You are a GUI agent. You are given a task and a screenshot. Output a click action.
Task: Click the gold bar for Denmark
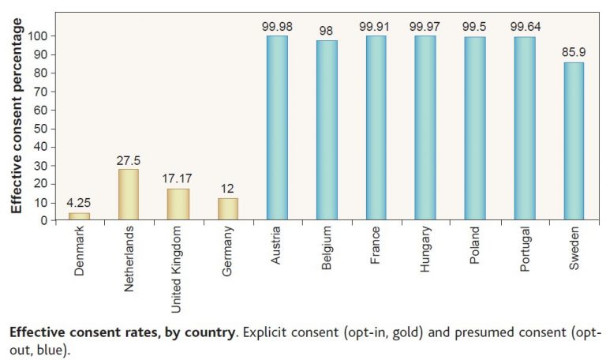(x=79, y=216)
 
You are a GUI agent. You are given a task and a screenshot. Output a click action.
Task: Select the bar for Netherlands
(x=128, y=194)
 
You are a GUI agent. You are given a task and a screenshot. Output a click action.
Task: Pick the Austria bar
(x=277, y=128)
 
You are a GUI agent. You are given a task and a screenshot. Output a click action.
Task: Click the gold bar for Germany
(x=227, y=208)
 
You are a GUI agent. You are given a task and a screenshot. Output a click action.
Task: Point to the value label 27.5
(x=128, y=160)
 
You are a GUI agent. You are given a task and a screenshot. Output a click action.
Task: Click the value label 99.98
(x=277, y=26)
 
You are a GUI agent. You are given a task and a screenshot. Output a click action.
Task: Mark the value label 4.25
(x=79, y=203)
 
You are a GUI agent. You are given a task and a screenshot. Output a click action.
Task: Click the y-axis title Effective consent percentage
(x=16, y=114)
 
